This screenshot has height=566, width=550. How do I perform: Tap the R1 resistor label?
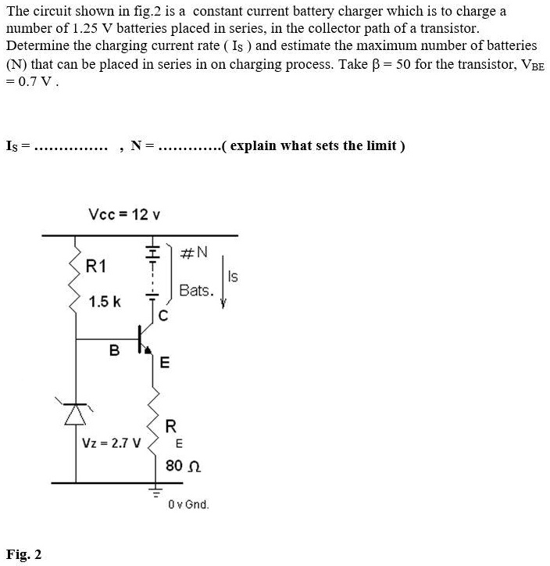(95, 266)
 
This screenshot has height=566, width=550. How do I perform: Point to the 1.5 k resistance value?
(105, 302)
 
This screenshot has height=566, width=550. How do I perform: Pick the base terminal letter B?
(114, 351)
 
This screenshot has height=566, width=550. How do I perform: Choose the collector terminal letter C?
(162, 317)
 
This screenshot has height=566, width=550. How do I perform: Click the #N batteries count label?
(194, 252)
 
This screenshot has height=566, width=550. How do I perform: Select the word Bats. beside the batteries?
(195, 291)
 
